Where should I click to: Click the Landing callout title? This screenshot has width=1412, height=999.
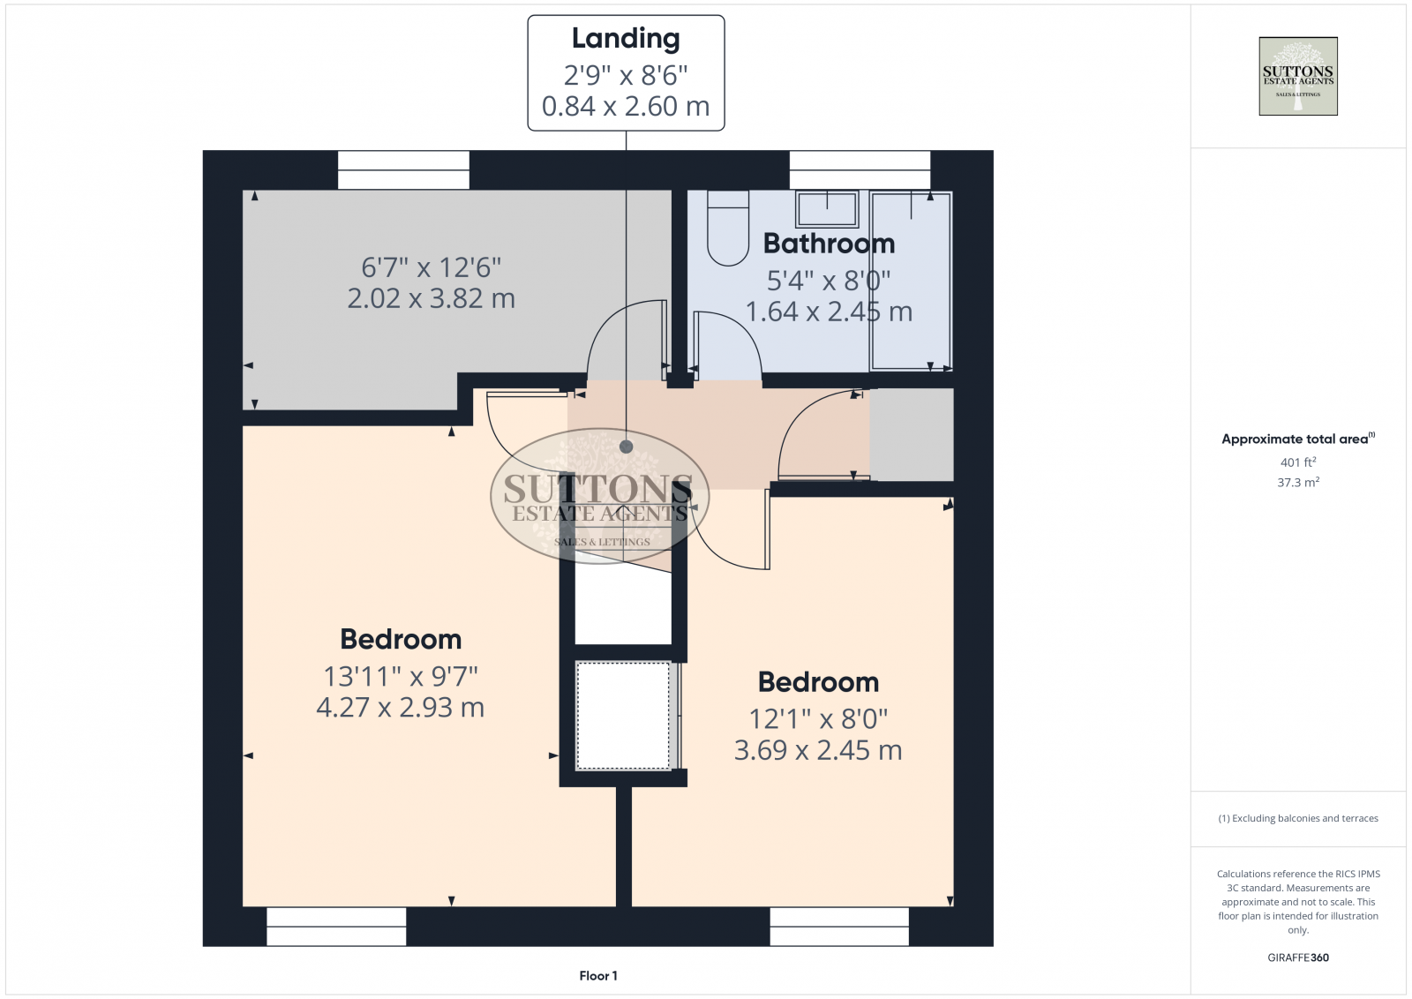point(626,39)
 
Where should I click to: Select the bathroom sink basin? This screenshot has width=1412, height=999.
point(827,210)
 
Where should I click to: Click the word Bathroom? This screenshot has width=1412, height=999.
point(829,244)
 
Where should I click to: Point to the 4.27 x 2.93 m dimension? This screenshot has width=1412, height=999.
point(400,708)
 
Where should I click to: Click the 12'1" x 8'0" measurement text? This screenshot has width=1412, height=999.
point(818,719)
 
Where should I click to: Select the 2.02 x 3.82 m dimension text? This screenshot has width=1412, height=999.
point(431,299)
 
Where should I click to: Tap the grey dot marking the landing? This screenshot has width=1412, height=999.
point(626,447)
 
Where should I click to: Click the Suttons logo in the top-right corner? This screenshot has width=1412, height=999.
point(1297,76)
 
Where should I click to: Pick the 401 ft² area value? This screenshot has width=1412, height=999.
point(1297,462)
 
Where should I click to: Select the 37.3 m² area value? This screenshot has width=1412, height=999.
point(1297,483)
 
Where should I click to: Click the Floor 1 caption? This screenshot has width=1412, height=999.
point(598,976)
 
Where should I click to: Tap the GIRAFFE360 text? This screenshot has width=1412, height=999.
point(1297,958)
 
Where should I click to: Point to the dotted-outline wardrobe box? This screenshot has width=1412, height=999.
point(623,716)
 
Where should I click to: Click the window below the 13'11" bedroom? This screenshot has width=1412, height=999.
point(336,927)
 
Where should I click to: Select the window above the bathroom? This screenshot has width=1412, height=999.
point(860,169)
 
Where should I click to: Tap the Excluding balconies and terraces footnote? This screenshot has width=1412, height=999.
point(1298,819)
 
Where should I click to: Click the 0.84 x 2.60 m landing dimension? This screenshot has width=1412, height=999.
point(626,107)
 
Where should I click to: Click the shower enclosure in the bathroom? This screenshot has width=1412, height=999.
point(911,281)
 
